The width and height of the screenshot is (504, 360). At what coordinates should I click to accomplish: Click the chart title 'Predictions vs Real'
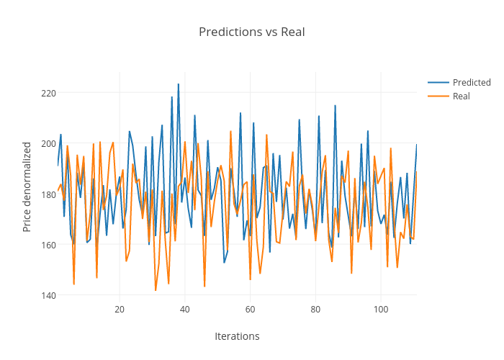pyautogui.click(x=251, y=32)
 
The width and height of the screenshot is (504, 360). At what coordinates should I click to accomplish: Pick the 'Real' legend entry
pyautogui.click(x=462, y=96)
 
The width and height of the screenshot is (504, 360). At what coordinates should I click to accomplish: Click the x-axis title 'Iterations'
pyautogui.click(x=237, y=336)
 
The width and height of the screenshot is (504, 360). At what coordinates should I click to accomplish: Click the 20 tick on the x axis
pyautogui.click(x=120, y=309)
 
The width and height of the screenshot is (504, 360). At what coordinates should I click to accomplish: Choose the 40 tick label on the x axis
pyautogui.click(x=185, y=309)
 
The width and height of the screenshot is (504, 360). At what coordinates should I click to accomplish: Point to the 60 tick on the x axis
pyautogui.click(x=250, y=309)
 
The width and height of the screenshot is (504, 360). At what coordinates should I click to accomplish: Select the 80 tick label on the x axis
pyautogui.click(x=315, y=309)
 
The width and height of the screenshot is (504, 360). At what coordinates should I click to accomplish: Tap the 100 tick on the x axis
pyautogui.click(x=381, y=309)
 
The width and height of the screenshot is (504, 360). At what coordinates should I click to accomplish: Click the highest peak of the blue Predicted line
pyautogui.click(x=179, y=84)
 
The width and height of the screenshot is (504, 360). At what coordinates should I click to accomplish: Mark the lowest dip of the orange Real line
pyautogui.click(x=156, y=290)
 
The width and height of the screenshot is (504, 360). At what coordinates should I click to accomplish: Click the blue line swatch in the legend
pyautogui.click(x=438, y=82)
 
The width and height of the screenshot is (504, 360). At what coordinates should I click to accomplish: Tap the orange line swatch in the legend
pyautogui.click(x=438, y=96)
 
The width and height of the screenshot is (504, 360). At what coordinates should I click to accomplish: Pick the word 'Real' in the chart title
pyautogui.click(x=292, y=32)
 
